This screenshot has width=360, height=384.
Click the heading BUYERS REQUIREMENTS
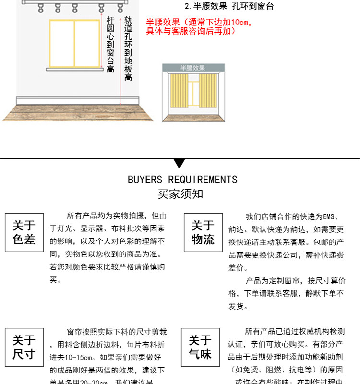point(182,180)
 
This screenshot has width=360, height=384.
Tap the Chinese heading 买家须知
point(180,194)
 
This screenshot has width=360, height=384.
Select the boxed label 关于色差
point(24,233)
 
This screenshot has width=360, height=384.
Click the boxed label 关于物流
point(203,233)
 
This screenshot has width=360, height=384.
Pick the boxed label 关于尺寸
point(24,348)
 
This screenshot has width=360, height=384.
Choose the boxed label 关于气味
point(200,348)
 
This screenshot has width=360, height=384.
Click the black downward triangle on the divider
point(180,163)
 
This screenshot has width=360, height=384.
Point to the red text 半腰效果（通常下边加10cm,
point(199,23)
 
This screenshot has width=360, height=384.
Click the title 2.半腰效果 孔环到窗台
point(229,7)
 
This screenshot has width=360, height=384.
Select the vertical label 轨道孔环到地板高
point(128,48)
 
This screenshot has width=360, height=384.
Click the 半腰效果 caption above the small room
point(193,68)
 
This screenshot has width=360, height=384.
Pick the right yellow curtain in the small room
point(208,91)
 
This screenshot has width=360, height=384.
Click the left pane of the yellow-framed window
point(62,43)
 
